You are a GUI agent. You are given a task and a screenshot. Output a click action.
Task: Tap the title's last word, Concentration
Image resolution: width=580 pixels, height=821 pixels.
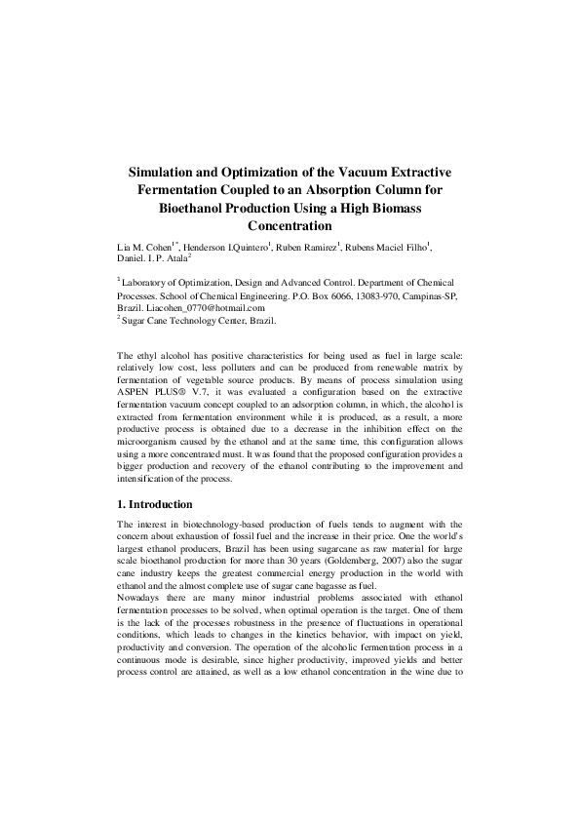coord(290,225)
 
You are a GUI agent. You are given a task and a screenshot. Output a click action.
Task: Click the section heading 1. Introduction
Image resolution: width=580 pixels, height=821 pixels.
coord(154,504)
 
